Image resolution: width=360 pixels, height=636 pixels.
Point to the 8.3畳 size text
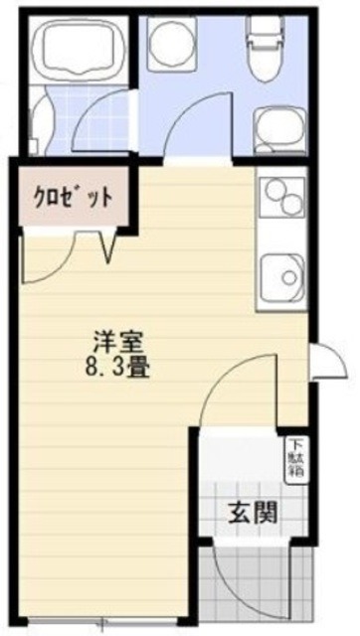point(115,366)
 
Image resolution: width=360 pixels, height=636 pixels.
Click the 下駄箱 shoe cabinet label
point(295,458)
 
